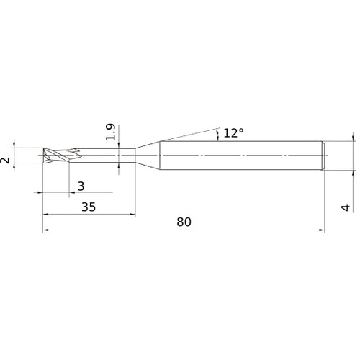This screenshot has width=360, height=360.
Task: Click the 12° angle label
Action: coord(233,132)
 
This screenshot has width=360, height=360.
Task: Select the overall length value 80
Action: coord(184,222)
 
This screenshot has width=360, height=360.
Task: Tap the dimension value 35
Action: coord(88,207)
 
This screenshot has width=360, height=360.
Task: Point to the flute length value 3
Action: coord(81,186)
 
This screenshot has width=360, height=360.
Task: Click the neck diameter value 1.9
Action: coord(110,133)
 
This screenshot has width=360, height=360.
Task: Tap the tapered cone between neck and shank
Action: coord(148,155)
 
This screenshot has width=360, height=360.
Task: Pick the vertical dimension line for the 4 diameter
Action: coord(354,155)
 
